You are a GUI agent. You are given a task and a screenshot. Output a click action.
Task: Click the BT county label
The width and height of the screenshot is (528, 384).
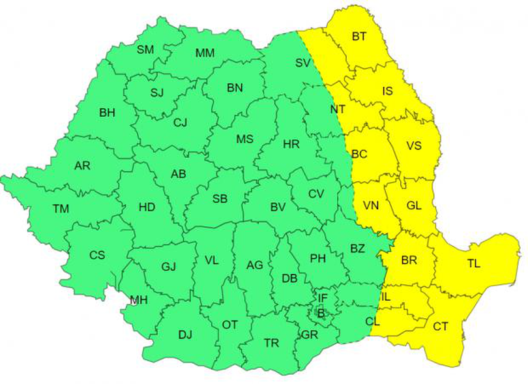(x=359, y=37)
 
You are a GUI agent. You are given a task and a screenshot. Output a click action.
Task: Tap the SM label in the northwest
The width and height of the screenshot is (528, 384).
(x=145, y=50)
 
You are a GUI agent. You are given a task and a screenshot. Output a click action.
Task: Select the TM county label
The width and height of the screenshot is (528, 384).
(x=61, y=209)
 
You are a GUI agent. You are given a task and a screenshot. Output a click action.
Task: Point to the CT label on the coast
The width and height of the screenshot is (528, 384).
(x=441, y=326)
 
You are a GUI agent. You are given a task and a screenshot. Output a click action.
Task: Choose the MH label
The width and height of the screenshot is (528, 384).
(x=138, y=301)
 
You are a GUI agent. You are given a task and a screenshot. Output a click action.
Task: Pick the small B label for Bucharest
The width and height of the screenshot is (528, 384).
(x=320, y=314)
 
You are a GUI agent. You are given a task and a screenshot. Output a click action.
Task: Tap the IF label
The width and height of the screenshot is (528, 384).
(x=323, y=299)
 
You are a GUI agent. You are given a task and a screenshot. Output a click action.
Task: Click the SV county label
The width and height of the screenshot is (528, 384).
(x=302, y=63)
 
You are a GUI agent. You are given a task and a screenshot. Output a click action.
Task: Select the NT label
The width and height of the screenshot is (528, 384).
(x=337, y=110)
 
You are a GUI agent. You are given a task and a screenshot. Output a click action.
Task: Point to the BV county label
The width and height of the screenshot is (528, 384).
(x=278, y=207)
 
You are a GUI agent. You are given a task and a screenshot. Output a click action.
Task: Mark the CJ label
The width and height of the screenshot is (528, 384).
(x=180, y=122)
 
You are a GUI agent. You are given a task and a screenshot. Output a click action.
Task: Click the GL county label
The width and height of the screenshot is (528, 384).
(x=414, y=205)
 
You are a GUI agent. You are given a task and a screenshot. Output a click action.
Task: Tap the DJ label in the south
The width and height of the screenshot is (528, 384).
(x=185, y=335)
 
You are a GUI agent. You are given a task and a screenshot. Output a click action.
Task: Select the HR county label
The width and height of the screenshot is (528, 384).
(x=291, y=145)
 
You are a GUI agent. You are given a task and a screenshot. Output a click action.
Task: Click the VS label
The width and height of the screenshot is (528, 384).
(x=413, y=145)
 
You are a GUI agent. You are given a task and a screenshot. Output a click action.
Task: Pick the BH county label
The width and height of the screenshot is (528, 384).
(x=107, y=113)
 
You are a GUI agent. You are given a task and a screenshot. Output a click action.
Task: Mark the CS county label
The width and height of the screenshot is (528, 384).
(x=96, y=255)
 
